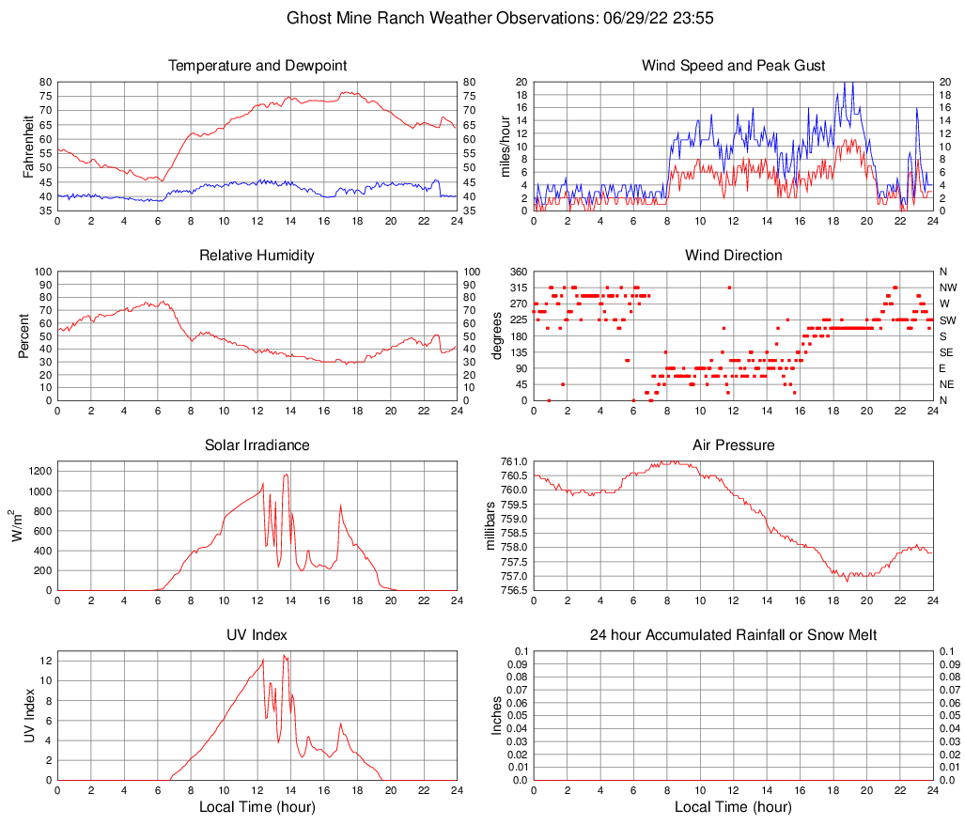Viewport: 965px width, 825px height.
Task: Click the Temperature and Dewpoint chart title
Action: tap(257, 66)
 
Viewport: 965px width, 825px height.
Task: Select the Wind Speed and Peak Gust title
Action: tap(734, 66)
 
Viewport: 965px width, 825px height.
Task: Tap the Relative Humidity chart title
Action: tap(257, 256)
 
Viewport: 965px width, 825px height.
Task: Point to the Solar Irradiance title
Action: tap(257, 445)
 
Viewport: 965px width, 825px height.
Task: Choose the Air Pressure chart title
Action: tap(734, 445)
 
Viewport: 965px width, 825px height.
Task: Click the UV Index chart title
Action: tap(257, 635)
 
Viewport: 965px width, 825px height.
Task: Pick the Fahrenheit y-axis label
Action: tap(28, 147)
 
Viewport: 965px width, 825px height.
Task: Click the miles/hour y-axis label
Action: tap(505, 147)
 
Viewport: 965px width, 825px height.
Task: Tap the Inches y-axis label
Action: tap(498, 715)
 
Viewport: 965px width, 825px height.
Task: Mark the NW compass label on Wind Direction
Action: tap(948, 288)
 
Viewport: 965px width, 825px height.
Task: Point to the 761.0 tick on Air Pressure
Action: tap(514, 461)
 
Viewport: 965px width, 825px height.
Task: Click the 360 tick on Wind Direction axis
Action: tap(518, 272)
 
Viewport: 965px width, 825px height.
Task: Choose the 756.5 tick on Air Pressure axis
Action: tap(514, 590)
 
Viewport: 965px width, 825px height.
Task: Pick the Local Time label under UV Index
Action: tap(257, 807)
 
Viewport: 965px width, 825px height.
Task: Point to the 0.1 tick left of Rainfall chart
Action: tap(521, 651)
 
